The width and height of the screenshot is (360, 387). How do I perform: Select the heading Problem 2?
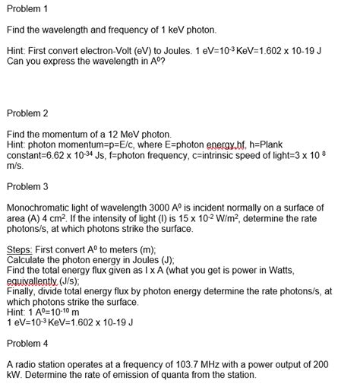coord(27,113)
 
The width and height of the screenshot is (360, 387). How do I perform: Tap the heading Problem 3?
coord(27,186)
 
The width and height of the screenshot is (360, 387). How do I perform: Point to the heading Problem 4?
coord(27,343)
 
